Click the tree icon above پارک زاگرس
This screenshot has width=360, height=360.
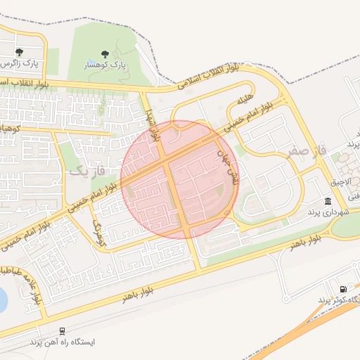(x=19, y=52)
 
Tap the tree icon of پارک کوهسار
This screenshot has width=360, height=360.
(x=105, y=54)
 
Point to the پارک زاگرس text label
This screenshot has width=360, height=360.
(x=20, y=63)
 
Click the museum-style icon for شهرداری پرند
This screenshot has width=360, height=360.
(x=328, y=201)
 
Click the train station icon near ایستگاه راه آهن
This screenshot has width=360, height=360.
(x=63, y=331)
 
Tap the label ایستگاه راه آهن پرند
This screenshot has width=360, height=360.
(x=62, y=342)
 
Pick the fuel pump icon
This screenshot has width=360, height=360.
(x=343, y=289)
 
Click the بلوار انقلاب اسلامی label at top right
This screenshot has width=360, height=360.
(x=209, y=75)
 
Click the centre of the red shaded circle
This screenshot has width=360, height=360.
(x=179, y=179)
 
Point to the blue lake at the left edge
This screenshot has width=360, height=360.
(x=2, y=300)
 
